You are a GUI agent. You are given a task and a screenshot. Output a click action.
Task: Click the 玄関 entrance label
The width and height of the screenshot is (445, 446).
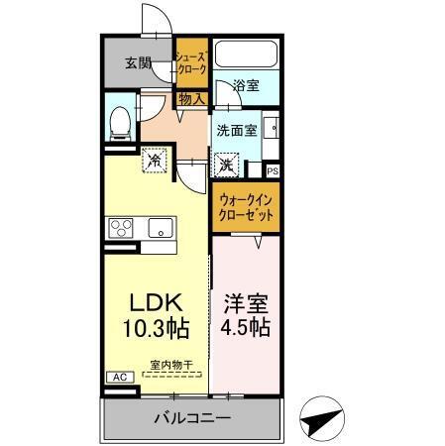tap(138, 64)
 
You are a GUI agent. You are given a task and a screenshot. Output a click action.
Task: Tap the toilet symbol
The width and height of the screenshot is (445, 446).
tap(120, 122)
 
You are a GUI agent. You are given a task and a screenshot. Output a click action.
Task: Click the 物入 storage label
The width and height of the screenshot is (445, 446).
tap(191, 98)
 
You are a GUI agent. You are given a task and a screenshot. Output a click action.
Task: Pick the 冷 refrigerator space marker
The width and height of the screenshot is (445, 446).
tap(154, 159)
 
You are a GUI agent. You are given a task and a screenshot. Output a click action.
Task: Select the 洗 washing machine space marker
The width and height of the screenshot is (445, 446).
tap(227, 164)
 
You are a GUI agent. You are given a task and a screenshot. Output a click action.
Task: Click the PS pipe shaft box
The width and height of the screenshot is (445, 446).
tap(274, 171)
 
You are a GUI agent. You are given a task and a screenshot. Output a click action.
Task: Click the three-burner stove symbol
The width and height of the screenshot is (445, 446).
tap(122, 228)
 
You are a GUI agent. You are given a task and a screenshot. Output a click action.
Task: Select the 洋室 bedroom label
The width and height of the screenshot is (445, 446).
tap(246, 300)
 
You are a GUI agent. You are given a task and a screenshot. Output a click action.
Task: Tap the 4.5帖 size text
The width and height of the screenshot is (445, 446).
tap(246, 327)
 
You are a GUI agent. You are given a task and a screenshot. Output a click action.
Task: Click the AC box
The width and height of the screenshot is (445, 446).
tap(117, 378)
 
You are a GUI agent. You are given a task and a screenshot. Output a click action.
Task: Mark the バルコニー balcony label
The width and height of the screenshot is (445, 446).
tap(192, 418)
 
